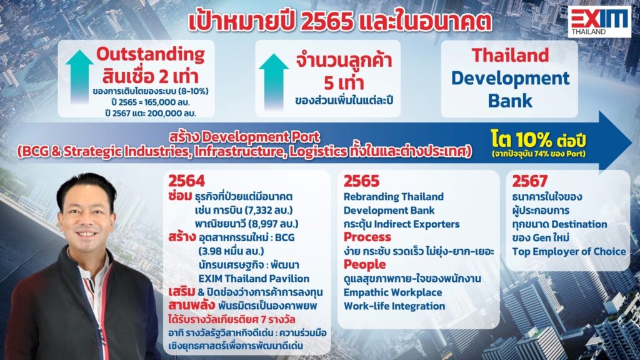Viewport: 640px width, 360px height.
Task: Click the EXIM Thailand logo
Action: pos(599,22)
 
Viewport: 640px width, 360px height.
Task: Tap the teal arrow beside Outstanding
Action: pos(79,77)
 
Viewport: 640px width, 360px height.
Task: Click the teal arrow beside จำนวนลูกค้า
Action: pos(274,82)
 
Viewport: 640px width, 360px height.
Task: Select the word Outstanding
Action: pos(151,54)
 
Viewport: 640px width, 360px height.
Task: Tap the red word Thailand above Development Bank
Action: pos(510,56)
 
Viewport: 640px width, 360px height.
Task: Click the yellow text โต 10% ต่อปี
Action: pos(539,140)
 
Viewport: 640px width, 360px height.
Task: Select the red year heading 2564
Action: pos(186,181)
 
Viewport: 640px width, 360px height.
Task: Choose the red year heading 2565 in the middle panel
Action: pos(361,181)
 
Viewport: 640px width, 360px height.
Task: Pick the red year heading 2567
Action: pos(530,181)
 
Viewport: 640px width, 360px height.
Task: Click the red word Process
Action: pos(367,237)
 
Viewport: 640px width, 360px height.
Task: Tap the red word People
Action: pos(364,264)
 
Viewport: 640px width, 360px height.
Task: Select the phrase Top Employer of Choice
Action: pos(569,251)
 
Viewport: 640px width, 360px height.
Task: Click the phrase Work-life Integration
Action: pos(394,306)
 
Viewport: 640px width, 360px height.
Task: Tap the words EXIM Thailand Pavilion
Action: pos(254,279)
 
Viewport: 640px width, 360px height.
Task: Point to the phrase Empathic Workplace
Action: pos(392,292)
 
